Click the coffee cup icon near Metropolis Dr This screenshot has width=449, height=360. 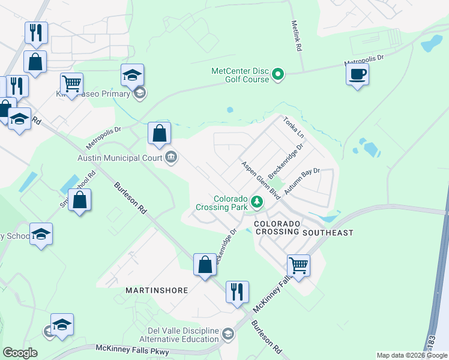tap(357, 75)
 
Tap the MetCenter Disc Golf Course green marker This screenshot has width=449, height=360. tap(278, 75)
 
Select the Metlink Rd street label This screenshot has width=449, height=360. tap(295, 37)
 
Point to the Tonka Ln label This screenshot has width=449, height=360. tap(294, 127)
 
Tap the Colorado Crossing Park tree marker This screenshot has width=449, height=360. tap(258, 202)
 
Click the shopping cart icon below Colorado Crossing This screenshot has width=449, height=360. tap(298, 265)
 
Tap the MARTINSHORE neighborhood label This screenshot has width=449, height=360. tap(157, 290)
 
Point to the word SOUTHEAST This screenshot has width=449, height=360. tap(328, 232)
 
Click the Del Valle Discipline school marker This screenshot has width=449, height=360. tap(228, 334)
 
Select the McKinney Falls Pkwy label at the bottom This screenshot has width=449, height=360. tap(131, 350)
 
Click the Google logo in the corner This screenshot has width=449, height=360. tap(20, 353)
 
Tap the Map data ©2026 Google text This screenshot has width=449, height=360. tap(412, 355)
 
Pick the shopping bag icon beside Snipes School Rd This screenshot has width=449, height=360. tap(80, 200)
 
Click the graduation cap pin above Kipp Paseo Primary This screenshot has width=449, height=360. tap(133, 75)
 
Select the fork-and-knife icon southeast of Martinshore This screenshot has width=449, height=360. tap(237, 292)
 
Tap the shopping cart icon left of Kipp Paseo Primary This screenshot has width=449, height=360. tap(71, 84)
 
